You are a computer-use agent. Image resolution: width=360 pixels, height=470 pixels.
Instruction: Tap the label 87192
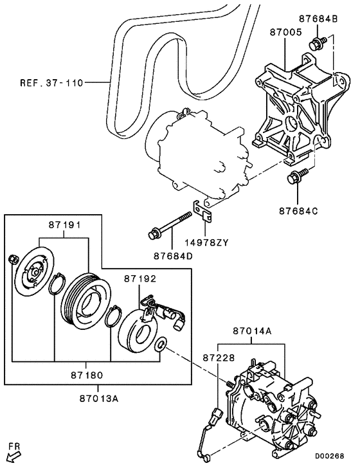[141, 278]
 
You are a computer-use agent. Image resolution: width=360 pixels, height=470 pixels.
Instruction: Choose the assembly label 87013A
[98, 397]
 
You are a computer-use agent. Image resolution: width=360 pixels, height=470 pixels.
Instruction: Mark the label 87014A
[253, 332]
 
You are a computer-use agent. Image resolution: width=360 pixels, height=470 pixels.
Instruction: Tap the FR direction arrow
[12, 455]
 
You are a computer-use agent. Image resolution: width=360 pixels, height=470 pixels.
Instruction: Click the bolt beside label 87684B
[316, 43]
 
